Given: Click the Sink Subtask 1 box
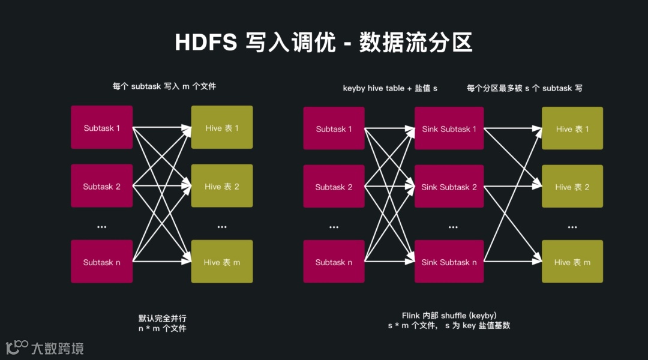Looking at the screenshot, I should [x=449, y=128].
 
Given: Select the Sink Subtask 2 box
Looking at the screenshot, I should [x=449, y=187].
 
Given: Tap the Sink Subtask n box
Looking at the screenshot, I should [x=449, y=262].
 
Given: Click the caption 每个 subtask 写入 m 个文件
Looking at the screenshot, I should [x=164, y=86].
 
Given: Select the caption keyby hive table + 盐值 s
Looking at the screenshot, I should [x=390, y=88].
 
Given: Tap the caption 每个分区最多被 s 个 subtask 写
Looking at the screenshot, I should [x=524, y=88].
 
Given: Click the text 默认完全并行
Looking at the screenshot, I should [x=162, y=318].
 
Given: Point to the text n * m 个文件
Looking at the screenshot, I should [x=162, y=328].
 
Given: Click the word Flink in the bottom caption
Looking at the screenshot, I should [x=412, y=316].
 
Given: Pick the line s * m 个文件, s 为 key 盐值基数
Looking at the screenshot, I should [x=449, y=326].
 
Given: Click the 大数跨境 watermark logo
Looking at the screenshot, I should [x=44, y=347].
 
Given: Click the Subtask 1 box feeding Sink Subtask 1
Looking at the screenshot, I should [x=334, y=128].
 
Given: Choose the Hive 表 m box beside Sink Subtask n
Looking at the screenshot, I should [x=572, y=262].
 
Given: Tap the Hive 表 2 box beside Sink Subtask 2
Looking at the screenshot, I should [x=572, y=187].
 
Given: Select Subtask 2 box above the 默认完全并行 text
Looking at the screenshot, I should [x=101, y=186].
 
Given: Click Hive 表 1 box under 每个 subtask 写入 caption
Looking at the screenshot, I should [x=222, y=128].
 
